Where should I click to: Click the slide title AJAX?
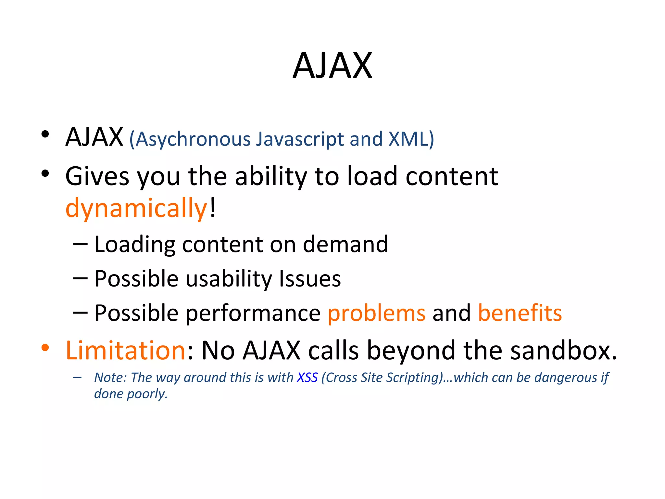tap(332, 66)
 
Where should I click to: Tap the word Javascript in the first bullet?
tap(300, 139)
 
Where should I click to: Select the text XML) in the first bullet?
tap(411, 139)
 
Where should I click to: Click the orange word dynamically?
tap(136, 208)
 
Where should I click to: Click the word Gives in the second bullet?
tap(97, 176)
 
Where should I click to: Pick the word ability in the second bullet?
tap(271, 176)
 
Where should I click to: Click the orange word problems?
tap(376, 313)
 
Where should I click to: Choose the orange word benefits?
tap(520, 313)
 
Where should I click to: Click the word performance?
tap(253, 313)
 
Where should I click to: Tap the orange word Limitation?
tap(125, 351)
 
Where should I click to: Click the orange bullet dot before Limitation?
tap(45, 348)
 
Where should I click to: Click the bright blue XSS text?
tap(307, 377)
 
